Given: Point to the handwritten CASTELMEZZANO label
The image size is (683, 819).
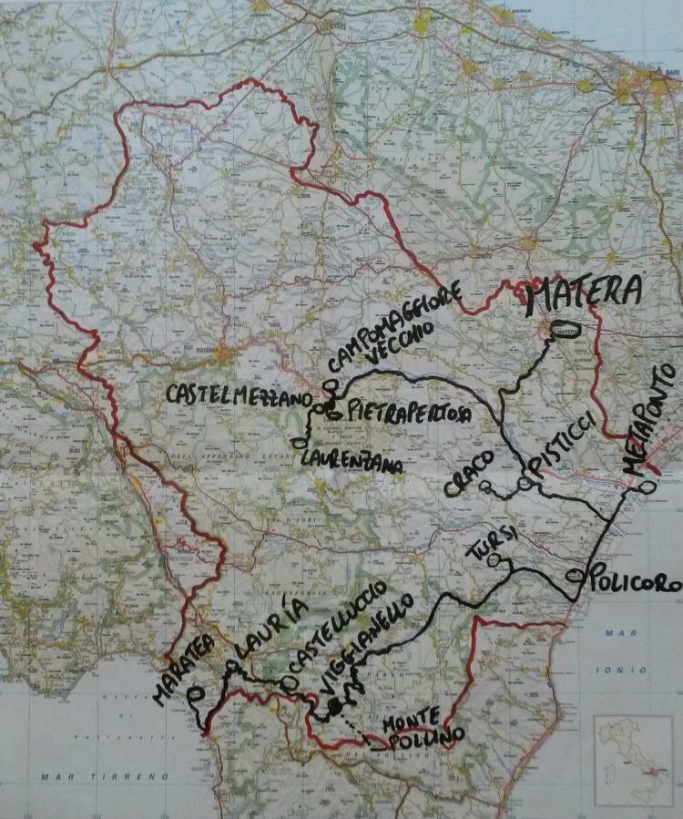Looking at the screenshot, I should point(239,397).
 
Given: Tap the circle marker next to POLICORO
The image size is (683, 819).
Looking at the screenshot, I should point(574,576).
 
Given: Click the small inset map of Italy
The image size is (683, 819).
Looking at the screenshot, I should point(632,761).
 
